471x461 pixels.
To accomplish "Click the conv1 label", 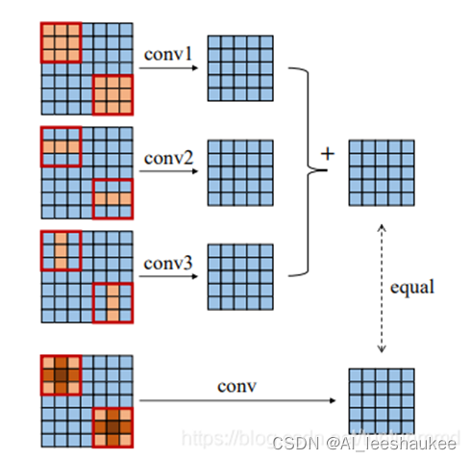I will click(168, 53).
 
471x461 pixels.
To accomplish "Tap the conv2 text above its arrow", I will click(168, 156).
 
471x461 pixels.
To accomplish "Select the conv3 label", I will click(168, 260).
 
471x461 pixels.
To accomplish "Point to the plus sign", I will click(327, 152).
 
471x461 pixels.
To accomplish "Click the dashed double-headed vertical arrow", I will click(382, 286).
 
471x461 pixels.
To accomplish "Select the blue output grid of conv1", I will click(240, 68).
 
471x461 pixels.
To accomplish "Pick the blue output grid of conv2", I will click(240, 172).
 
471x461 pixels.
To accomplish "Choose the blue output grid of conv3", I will click(240, 276).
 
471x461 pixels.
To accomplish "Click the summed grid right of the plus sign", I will click(382, 172).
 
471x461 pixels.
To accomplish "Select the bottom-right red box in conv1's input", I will click(112, 95).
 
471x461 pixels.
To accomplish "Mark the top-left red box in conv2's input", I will click(61, 146).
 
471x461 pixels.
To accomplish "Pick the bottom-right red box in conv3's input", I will click(112, 302).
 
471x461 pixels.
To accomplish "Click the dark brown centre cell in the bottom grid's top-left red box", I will click(61, 374).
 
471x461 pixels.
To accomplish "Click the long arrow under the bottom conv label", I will click(240, 399).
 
